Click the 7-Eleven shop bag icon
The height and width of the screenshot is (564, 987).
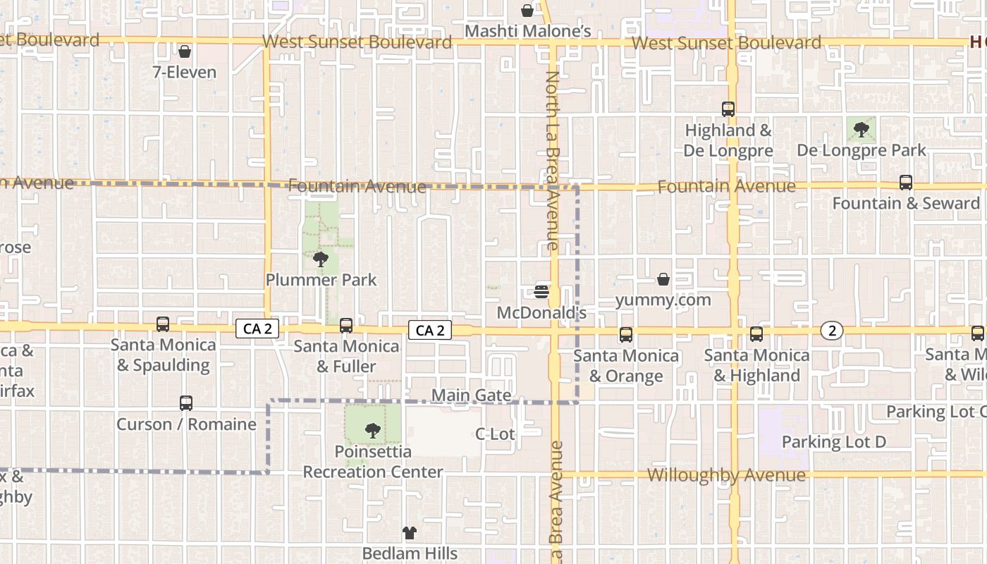pyautogui.click(x=185, y=51)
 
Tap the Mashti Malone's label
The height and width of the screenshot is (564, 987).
pyautogui.click(x=528, y=32)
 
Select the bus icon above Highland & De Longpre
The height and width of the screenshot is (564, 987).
pyautogui.click(x=728, y=109)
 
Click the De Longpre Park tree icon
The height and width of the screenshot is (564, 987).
pyautogui.click(x=861, y=129)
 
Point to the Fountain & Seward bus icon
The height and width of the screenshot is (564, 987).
pyautogui.click(x=906, y=183)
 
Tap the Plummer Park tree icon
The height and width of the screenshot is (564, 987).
pyautogui.click(x=321, y=259)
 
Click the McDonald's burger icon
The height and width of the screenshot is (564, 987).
pyautogui.click(x=541, y=291)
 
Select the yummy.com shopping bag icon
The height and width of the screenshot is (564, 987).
pyautogui.click(x=663, y=280)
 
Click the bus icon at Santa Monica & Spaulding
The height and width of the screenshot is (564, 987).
pyautogui.click(x=163, y=324)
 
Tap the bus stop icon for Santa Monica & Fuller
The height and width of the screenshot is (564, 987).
pyautogui.click(x=346, y=326)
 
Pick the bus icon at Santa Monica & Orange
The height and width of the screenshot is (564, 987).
pyautogui.click(x=626, y=335)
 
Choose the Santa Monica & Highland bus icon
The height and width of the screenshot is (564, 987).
pyautogui.click(x=756, y=334)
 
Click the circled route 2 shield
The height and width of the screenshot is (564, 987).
pyautogui.click(x=833, y=331)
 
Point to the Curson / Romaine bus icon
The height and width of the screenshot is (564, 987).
pyautogui.click(x=186, y=403)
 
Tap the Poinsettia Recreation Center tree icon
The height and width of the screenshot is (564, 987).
pyautogui.click(x=372, y=430)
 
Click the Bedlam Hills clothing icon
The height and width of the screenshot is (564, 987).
pyautogui.click(x=410, y=532)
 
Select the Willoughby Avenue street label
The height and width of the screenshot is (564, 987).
pyautogui.click(x=726, y=475)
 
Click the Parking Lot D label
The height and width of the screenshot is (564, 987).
pyautogui.click(x=834, y=442)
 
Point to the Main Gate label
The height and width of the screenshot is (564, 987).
pyautogui.click(x=471, y=396)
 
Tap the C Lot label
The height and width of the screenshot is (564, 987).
pyautogui.click(x=496, y=434)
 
